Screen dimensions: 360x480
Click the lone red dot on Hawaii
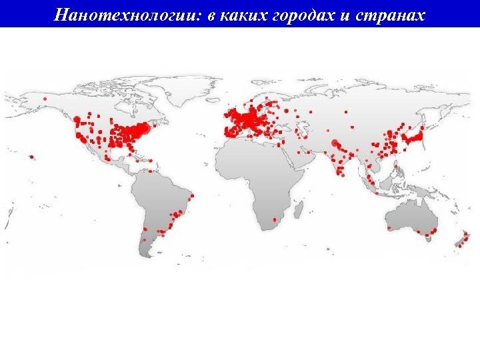coord(31,157)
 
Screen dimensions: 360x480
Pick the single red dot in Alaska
coord(45,99)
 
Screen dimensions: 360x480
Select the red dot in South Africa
coord(274,219)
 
